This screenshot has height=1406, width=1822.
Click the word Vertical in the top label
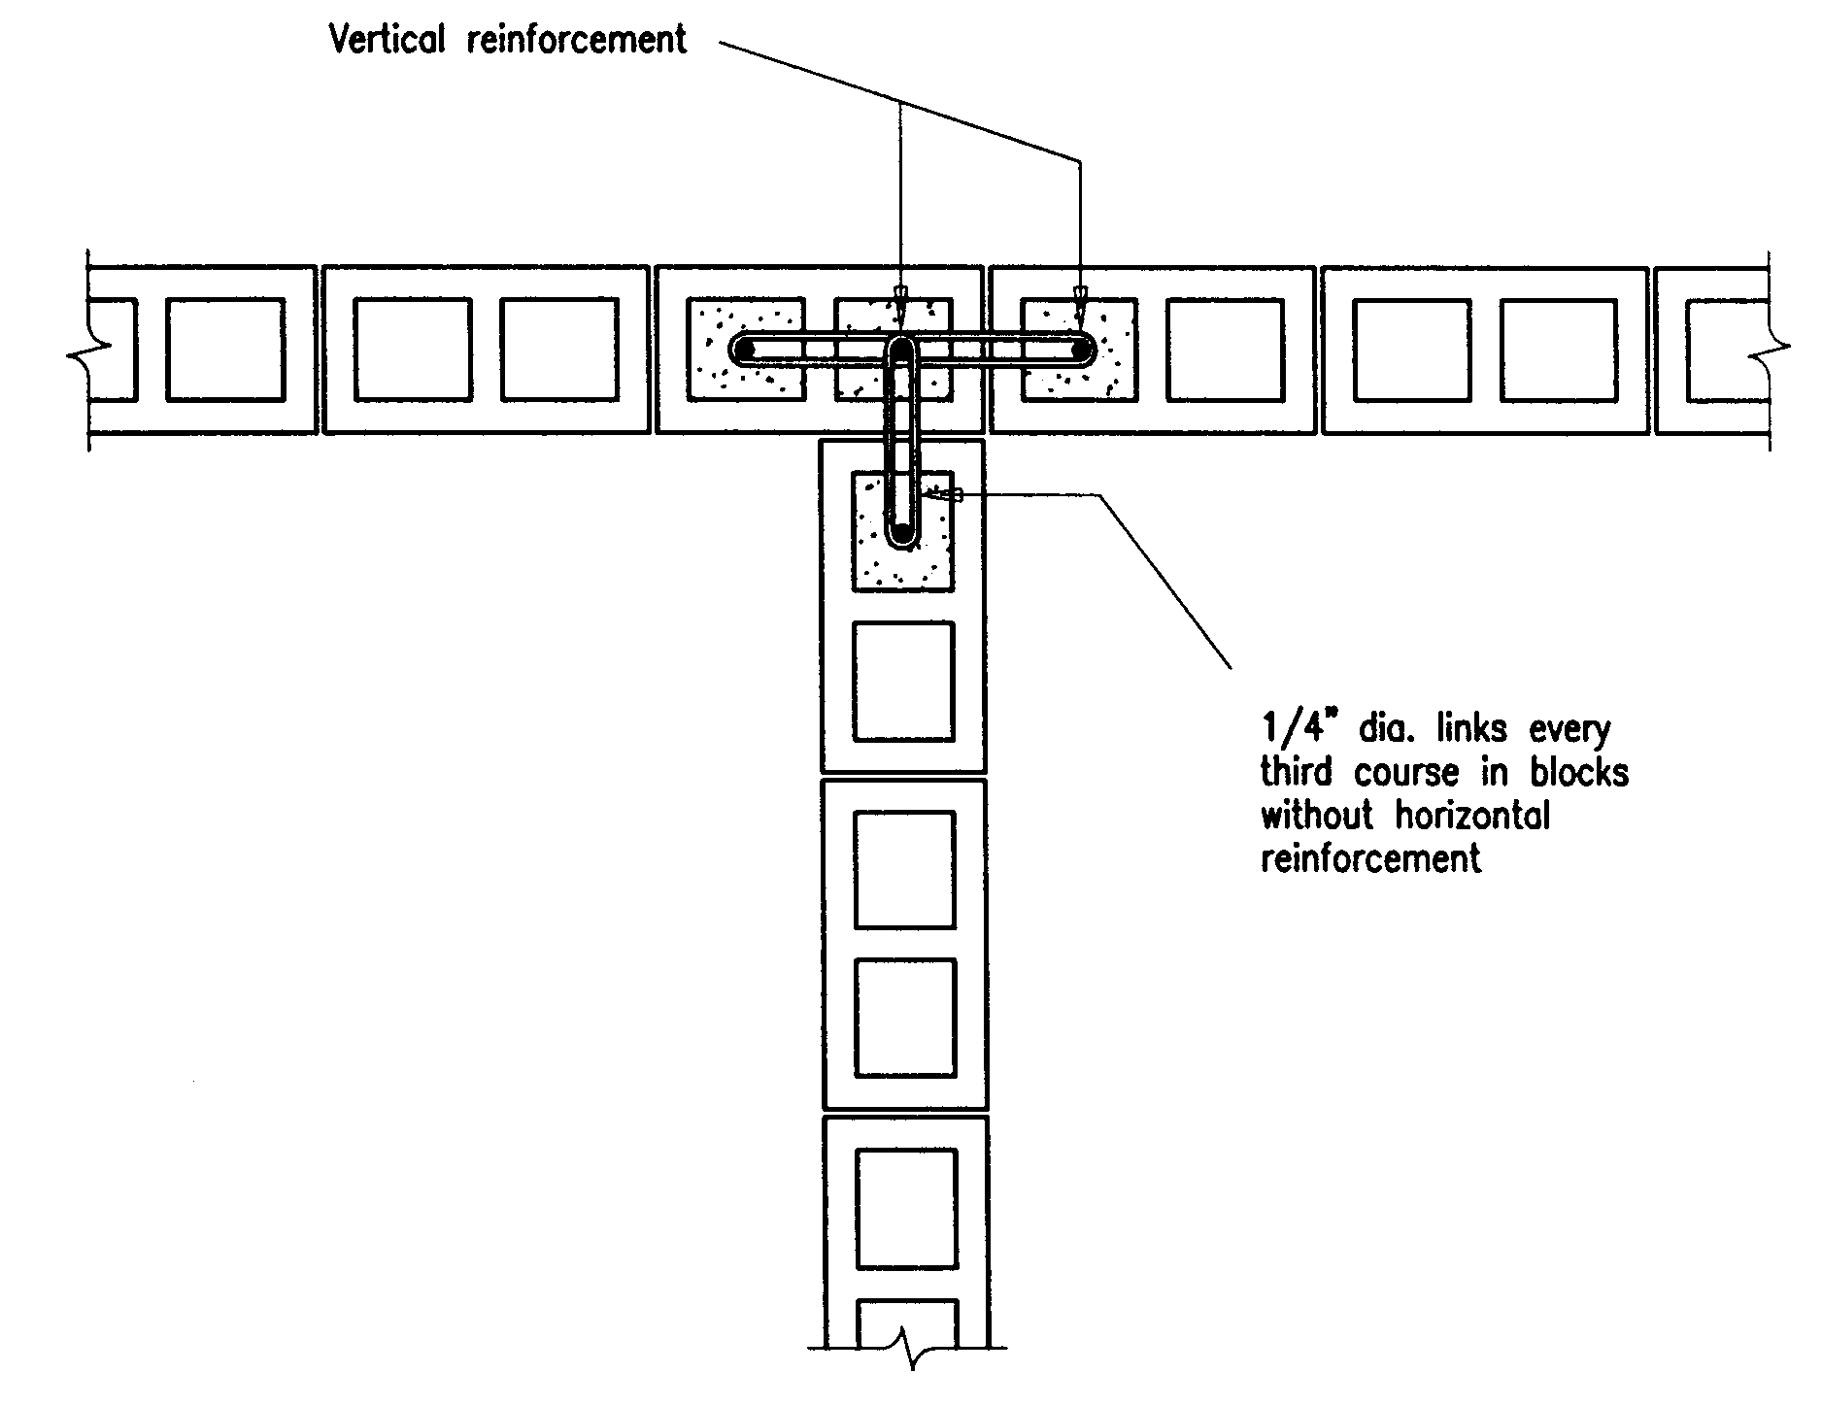[x=387, y=40]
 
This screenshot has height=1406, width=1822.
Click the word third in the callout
[x=1299, y=772]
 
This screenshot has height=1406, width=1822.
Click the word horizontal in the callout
[x=1473, y=815]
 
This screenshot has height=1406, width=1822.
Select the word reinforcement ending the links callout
[x=1370, y=858]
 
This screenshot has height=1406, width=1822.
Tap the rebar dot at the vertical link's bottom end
[x=903, y=532]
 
